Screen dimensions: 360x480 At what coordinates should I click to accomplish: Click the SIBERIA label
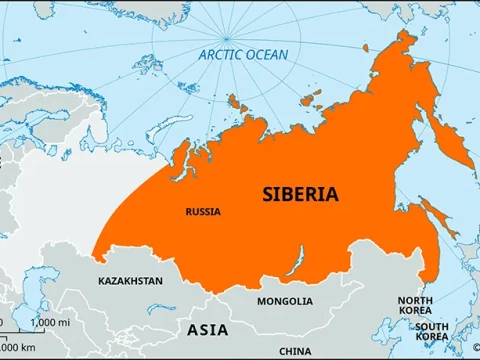click(300, 193)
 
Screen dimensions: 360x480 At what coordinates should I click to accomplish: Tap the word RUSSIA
click(203, 212)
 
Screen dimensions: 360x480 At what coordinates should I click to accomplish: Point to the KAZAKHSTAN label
click(130, 282)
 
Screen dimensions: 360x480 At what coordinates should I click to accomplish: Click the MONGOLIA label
click(284, 301)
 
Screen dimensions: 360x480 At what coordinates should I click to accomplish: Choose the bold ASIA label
click(207, 329)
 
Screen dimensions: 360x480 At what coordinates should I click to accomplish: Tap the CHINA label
click(295, 351)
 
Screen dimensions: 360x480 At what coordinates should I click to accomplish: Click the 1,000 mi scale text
click(50, 323)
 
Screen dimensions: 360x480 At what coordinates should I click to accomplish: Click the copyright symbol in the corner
click(473, 353)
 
